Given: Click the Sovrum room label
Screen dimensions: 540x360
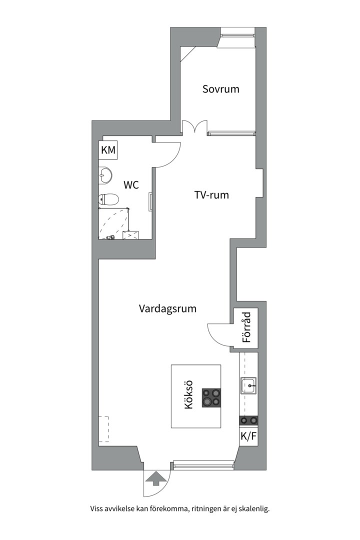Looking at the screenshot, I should (220, 89).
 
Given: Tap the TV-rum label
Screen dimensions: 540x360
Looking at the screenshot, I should (211, 195).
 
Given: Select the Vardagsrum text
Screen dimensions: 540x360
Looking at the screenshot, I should (167, 308).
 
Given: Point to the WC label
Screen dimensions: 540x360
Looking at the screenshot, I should (131, 185).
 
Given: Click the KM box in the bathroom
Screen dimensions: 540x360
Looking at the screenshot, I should (108, 150).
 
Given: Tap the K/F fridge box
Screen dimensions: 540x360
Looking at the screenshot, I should (248, 436).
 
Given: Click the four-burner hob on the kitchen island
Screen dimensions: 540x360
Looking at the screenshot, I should (211, 397).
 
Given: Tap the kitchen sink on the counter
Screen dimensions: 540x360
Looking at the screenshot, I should (248, 385).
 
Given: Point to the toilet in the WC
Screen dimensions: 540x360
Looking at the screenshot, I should (108, 200).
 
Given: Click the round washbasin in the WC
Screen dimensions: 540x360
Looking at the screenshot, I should (105, 174).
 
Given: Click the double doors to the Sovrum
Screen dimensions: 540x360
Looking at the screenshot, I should (194, 128).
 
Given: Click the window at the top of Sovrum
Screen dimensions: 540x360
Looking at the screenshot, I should (238, 35).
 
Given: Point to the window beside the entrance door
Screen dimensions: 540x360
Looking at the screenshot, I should (203, 465).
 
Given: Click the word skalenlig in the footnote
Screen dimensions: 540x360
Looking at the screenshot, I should (252, 509).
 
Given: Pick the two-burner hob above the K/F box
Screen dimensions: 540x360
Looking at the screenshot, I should (248, 420).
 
